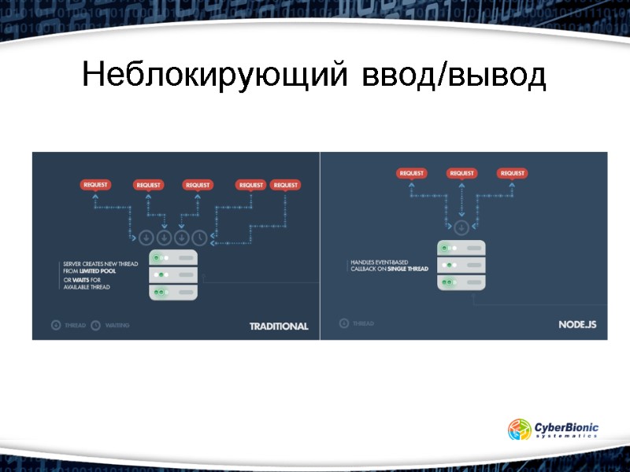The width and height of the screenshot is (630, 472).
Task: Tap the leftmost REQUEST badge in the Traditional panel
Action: [96, 185]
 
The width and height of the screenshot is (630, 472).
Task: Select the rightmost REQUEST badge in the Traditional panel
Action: [285, 185]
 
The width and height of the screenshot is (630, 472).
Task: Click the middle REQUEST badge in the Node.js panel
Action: [461, 173]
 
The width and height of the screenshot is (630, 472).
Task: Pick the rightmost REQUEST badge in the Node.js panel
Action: [512, 173]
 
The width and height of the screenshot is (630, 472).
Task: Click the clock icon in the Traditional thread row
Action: [200, 236]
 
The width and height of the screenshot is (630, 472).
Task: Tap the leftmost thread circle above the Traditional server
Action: [146, 236]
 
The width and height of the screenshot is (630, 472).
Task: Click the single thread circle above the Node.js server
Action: [461, 227]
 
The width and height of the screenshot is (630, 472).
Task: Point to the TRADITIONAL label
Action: [279, 326]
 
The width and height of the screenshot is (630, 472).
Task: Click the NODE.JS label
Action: [583, 324]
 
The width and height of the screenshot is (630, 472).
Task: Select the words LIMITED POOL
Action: [98, 271]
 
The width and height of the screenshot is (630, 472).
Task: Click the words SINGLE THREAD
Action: [407, 269]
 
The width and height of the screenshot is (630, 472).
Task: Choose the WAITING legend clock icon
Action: [96, 324]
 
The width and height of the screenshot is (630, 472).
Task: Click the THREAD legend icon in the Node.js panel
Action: [343, 323]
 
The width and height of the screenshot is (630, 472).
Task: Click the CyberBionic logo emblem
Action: [520, 430]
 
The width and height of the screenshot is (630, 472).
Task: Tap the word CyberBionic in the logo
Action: [566, 426]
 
